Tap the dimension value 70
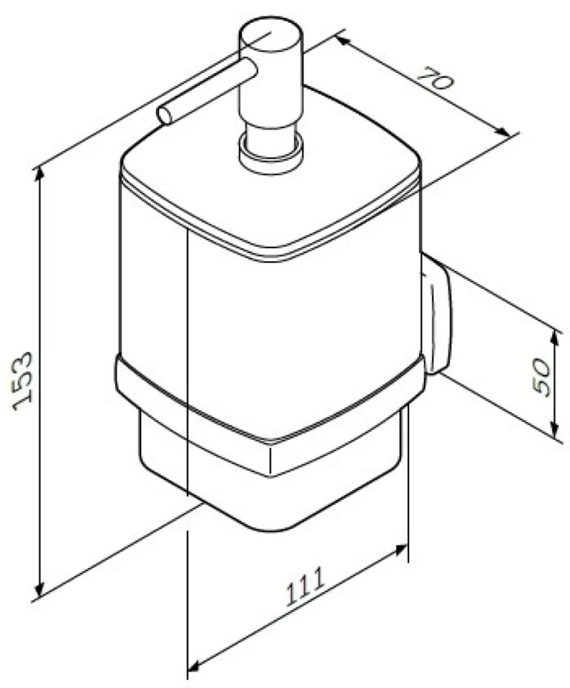click(435, 77)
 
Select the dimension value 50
click(542, 378)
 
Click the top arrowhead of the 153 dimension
click(40, 174)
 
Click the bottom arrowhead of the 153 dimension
click(40, 589)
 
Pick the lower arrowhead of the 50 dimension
click(554, 430)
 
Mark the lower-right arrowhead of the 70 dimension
click(503, 132)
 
